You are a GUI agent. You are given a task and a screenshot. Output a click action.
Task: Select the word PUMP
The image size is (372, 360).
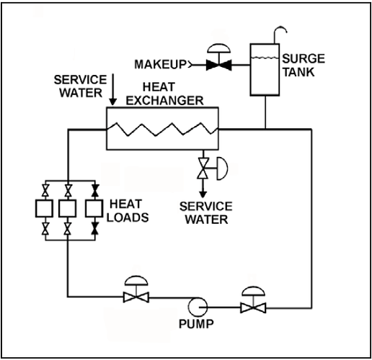195,324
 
